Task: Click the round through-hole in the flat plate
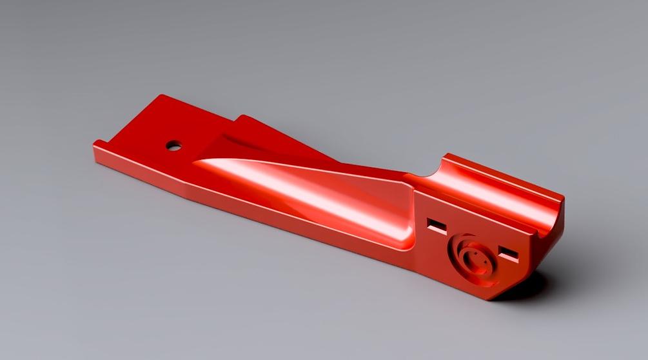pyautogui.click(x=173, y=145)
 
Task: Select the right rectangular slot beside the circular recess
pyautogui.click(x=509, y=252)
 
